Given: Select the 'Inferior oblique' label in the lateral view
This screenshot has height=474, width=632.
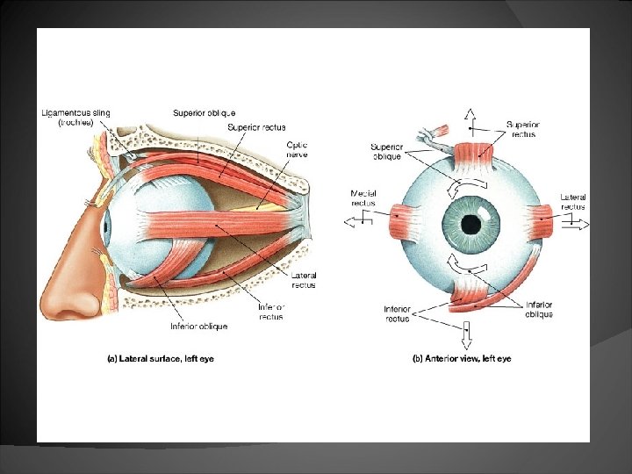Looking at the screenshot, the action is [198, 326].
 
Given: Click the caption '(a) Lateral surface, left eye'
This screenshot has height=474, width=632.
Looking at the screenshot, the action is [160, 358].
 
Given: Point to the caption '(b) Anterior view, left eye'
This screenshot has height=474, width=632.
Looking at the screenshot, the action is [462, 358].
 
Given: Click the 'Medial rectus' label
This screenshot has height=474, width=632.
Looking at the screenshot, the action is [363, 198].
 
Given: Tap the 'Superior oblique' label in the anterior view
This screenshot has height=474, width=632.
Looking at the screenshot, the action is [386, 151].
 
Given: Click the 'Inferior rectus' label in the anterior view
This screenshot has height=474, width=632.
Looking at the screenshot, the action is [397, 313].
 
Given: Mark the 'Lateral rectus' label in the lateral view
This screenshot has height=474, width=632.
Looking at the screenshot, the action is [303, 280].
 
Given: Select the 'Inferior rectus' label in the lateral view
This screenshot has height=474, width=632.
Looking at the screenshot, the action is [270, 311].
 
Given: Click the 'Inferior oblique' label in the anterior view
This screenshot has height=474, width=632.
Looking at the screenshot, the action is [538, 309].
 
